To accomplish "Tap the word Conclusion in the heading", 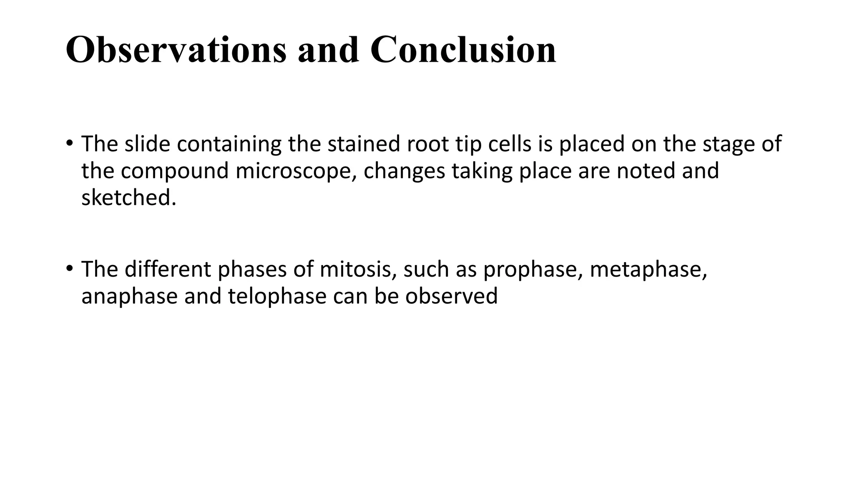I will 463,50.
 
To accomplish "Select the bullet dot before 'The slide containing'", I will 69,143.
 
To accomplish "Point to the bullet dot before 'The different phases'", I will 69,268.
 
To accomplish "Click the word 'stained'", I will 364,144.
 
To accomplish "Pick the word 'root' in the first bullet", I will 427,144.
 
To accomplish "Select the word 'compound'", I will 175,171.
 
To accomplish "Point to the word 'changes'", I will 404,171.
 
